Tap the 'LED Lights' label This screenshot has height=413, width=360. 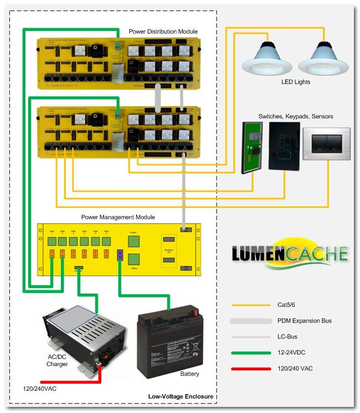(x=296, y=82)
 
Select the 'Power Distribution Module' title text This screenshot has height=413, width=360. (x=163, y=32)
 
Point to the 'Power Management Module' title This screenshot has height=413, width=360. (x=118, y=217)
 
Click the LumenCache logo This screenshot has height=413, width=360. (x=290, y=257)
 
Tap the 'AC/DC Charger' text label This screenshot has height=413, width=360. (x=58, y=360)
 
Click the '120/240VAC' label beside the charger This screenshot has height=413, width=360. (x=40, y=389)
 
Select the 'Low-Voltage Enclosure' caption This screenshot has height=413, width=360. (x=181, y=396)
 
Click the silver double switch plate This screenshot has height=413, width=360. (x=327, y=144)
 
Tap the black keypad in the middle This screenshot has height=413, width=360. (x=284, y=145)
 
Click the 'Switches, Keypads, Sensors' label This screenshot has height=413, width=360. (x=296, y=116)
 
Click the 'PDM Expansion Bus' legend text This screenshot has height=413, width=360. (x=304, y=320)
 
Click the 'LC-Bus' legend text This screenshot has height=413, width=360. (x=288, y=336)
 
